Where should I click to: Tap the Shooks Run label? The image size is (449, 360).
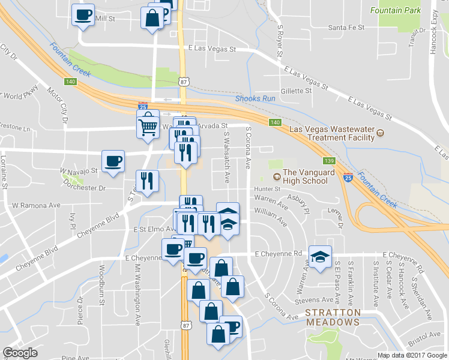click(x=255, y=98)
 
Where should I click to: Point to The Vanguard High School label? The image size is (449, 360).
click(x=317, y=177)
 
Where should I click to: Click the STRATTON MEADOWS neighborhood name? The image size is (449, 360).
click(x=333, y=317)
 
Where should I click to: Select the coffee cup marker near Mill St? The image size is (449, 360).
click(x=83, y=14)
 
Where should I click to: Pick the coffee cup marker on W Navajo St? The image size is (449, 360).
click(x=113, y=161)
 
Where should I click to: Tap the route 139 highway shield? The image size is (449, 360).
click(x=328, y=161)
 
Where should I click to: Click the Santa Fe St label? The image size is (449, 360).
click(x=346, y=28)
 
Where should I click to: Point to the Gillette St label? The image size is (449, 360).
click(x=296, y=91)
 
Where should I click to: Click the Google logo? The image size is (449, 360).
click(x=20, y=353)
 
